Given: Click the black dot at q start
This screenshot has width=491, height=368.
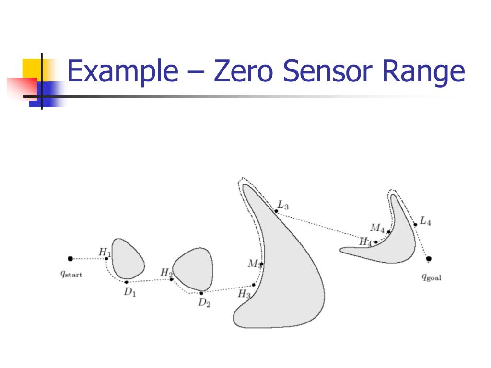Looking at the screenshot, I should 70,259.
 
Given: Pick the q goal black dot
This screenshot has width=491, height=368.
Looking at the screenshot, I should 429,259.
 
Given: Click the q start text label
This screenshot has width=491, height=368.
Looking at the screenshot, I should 71,275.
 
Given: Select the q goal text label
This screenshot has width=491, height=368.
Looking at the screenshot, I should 432,277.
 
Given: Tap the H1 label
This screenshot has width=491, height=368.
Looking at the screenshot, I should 105,252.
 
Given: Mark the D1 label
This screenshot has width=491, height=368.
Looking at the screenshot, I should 130,292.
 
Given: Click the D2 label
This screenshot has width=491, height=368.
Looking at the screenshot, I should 205,303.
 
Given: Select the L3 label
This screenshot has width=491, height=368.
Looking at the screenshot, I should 283,206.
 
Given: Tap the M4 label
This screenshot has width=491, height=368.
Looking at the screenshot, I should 377,227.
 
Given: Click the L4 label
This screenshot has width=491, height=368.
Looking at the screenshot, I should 425,221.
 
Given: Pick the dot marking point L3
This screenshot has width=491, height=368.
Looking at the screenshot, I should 276,211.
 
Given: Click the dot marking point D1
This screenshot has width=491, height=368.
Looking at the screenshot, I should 127,282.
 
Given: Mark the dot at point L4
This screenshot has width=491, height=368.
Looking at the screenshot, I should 415,224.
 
